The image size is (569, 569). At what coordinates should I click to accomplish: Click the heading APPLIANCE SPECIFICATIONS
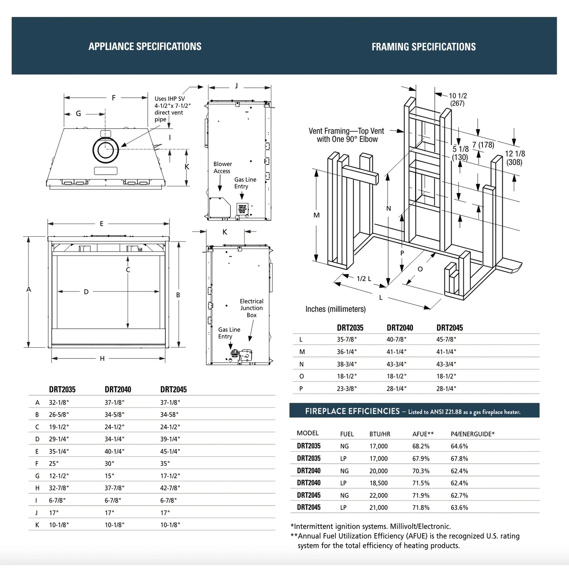(x=145, y=46)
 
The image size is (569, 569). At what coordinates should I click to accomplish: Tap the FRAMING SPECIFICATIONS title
(x=423, y=47)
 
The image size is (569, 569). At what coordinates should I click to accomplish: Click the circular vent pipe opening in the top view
(x=106, y=150)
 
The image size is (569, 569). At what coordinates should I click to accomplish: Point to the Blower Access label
(x=222, y=167)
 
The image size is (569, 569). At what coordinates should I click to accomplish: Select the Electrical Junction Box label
(x=251, y=308)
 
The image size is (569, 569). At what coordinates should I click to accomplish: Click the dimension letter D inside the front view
(x=86, y=292)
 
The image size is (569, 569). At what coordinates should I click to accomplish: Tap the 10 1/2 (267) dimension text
(x=458, y=100)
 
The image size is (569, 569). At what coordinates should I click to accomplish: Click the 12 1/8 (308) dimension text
(x=515, y=158)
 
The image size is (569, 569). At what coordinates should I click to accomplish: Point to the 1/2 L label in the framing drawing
(x=364, y=279)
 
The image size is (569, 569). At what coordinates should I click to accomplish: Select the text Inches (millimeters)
(x=335, y=309)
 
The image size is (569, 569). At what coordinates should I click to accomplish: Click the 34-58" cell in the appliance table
(x=169, y=415)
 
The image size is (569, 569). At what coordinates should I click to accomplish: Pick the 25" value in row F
(x=54, y=463)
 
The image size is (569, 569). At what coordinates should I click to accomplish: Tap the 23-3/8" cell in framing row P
(x=347, y=389)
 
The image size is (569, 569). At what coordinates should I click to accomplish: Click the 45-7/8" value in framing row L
(x=446, y=339)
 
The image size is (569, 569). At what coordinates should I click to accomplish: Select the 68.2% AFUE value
(x=421, y=446)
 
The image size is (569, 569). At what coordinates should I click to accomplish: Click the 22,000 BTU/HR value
(x=378, y=495)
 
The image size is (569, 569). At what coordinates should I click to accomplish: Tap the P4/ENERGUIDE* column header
(x=473, y=434)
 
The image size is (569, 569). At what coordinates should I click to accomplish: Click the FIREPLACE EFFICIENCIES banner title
(x=352, y=411)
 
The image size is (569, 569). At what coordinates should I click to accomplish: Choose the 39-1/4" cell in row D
(x=170, y=439)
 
